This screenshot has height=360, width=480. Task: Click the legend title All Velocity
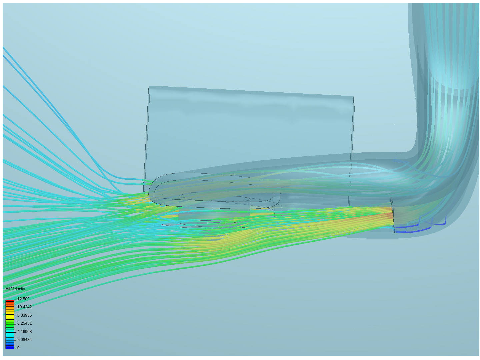pos(15,289)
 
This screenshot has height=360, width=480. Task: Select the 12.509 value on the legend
pos(23,299)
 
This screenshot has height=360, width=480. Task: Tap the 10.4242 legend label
pos(24,307)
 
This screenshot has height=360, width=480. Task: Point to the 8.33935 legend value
pos(24,315)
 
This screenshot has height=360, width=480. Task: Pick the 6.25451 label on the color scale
pos(24,323)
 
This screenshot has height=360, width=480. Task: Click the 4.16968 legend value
pos(24,332)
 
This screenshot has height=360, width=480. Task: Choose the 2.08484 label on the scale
pos(24,339)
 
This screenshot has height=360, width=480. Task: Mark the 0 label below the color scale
pos(18,348)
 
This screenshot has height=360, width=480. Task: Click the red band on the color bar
pos(10,302)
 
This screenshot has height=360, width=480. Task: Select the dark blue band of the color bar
pos(10,347)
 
